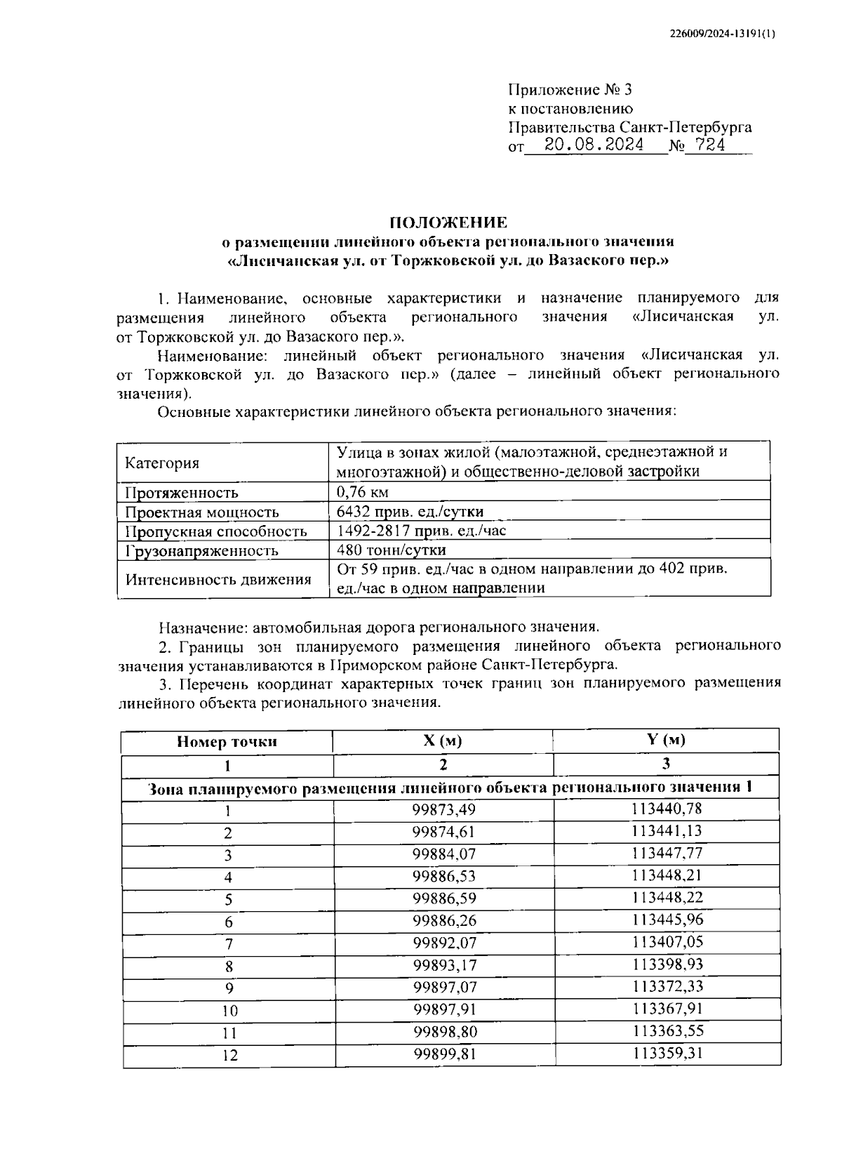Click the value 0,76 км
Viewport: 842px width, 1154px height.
pos(363,491)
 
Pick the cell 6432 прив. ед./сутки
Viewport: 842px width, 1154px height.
pos(410,511)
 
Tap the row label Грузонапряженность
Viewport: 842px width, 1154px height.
pos(201,550)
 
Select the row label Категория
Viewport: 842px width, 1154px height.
pos(161,463)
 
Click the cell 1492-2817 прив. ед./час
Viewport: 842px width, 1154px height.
pos(421,531)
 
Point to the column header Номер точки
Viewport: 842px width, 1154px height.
pos(227,741)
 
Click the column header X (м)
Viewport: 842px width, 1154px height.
pos(442,741)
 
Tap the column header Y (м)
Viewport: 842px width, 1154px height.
pos(665,740)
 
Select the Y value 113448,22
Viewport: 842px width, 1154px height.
pos(667,898)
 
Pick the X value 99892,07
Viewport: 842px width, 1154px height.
pos(443,943)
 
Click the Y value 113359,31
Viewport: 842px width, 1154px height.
pos(667,1053)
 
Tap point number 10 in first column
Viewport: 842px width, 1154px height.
pos(229,1011)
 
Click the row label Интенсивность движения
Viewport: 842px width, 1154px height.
pos(218,579)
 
